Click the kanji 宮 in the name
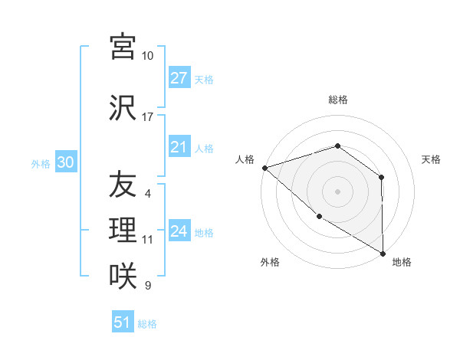[x=122, y=46]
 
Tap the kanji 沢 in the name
[x=122, y=108]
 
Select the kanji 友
[x=122, y=184]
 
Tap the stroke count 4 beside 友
[x=147, y=194]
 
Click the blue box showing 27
[x=179, y=78]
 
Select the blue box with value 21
[x=179, y=147]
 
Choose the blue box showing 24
[x=179, y=231]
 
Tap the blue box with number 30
[x=65, y=162]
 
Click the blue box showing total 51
[x=123, y=322]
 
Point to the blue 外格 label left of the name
[x=41, y=163]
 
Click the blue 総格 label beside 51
[x=147, y=323]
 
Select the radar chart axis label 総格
[x=338, y=100]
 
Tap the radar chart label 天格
[x=432, y=159]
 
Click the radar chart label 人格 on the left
[x=245, y=159]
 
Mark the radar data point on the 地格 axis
[x=382, y=253]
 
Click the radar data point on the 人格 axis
[x=264, y=167]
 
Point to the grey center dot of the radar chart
[x=337, y=191]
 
